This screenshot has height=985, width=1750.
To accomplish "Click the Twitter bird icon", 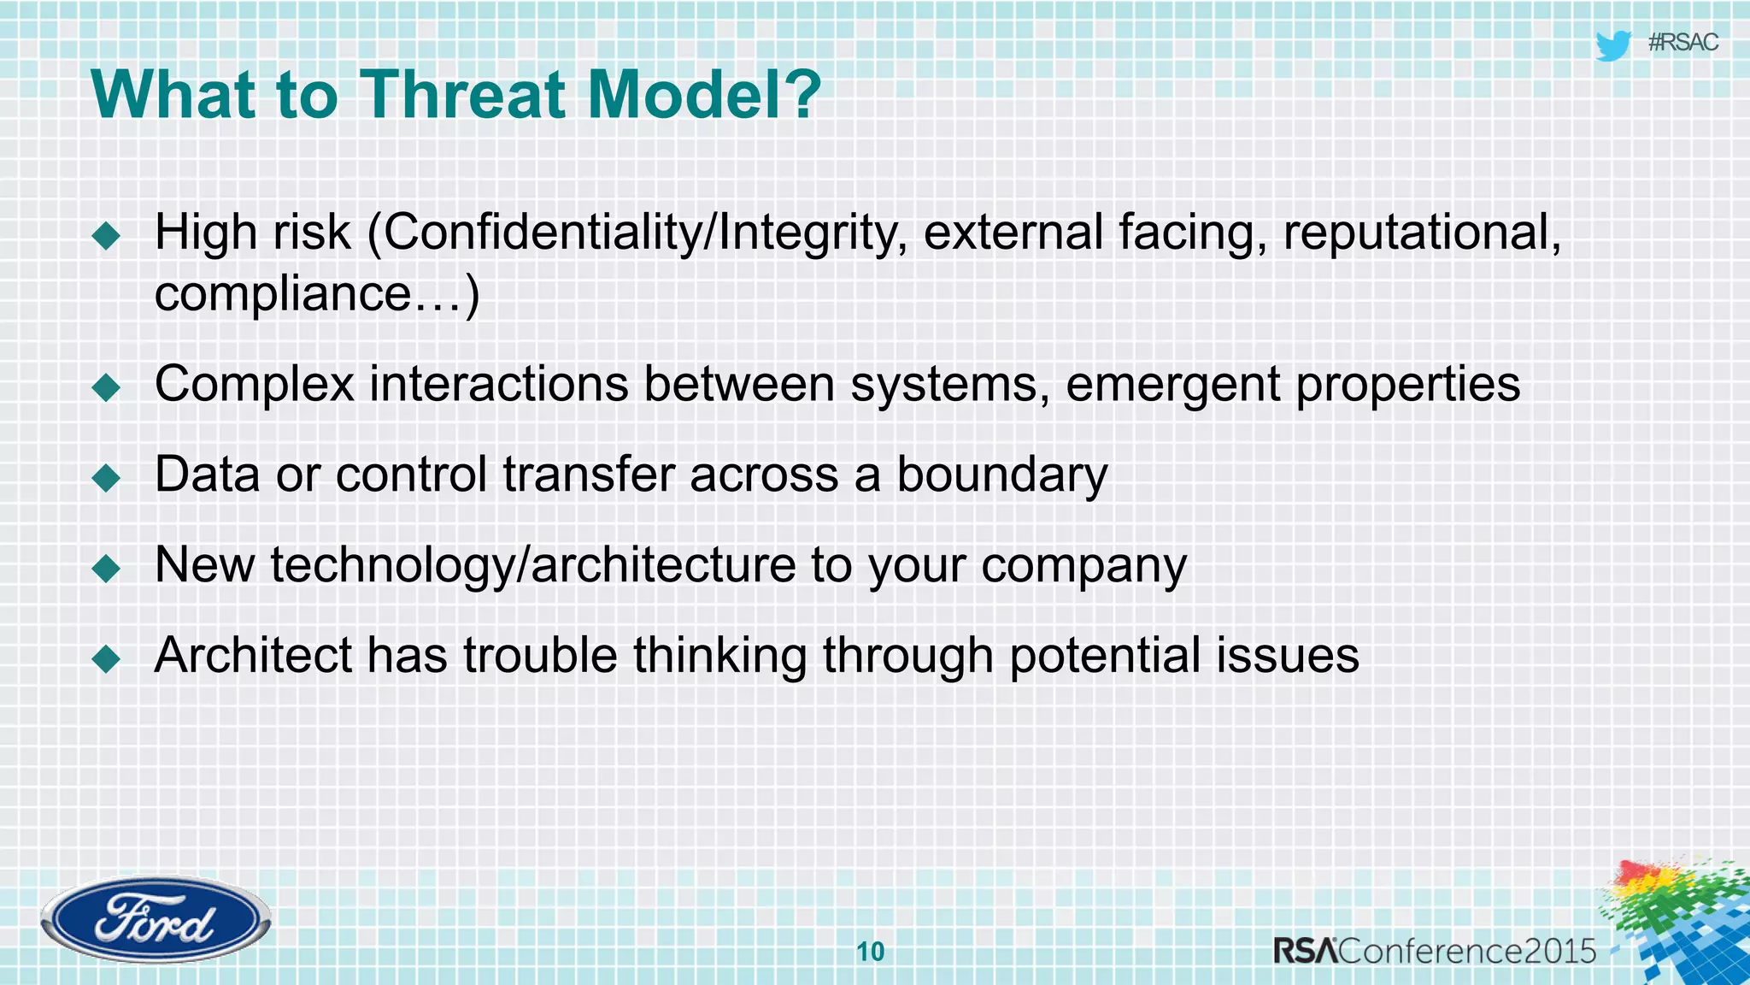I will point(1613,44).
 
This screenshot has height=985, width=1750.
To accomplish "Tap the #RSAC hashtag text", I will point(1682,43).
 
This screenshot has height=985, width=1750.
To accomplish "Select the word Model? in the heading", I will point(704,94).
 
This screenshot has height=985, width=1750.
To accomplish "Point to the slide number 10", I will point(870,952).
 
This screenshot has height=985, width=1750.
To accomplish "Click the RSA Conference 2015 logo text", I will point(1435,951).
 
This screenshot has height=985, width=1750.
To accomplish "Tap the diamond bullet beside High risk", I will point(107,235).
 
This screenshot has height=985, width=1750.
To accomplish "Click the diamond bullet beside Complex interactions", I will point(107,387).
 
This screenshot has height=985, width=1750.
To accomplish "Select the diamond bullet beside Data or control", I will point(107,478).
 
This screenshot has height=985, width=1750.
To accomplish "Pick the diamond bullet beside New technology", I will point(107,568).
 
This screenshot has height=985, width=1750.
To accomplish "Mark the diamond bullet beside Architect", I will point(107,658).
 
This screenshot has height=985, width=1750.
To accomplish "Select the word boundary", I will point(1001,475).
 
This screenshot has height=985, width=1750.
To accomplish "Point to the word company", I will point(1083,566).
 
